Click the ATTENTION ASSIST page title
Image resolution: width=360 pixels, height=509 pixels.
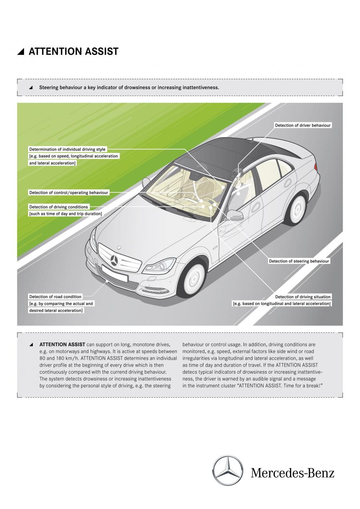click(x=73, y=51)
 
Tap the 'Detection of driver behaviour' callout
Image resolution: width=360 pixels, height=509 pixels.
click(x=303, y=125)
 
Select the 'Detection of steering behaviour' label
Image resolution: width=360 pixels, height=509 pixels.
click(x=299, y=261)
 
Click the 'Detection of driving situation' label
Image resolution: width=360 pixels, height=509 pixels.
click(x=303, y=297)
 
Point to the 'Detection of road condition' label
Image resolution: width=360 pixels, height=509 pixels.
click(x=55, y=297)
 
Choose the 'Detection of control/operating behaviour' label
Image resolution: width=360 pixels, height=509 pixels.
click(x=68, y=192)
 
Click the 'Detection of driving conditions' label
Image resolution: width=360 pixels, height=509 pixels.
click(x=58, y=207)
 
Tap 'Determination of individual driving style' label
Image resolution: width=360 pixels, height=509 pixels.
click(x=67, y=149)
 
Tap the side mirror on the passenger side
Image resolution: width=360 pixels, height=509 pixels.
click(x=235, y=214)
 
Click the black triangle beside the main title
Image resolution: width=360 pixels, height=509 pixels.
click(x=21, y=52)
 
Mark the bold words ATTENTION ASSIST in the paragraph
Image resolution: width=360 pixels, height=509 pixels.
click(x=62, y=345)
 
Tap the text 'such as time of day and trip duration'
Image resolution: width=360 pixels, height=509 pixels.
click(x=66, y=214)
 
